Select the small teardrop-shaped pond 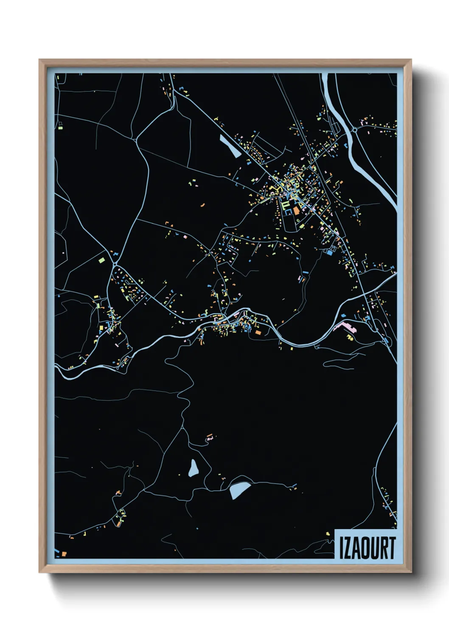pyautogui.click(x=194, y=468)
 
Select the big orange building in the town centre pyautogui.click(x=296, y=210)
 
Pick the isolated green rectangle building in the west pyautogui.click(x=101, y=260)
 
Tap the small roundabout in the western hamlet pyautogui.click(x=115, y=265)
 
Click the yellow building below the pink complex pyautogui.click(x=350, y=337)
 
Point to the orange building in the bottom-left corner pyautogui.click(x=64, y=553)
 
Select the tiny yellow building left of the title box pyautogui.click(x=327, y=534)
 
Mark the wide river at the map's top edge pyautogui.click(x=329, y=78)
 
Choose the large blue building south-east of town pyautogui.click(x=329, y=252)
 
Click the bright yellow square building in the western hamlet pyautogui.click(x=96, y=297)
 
